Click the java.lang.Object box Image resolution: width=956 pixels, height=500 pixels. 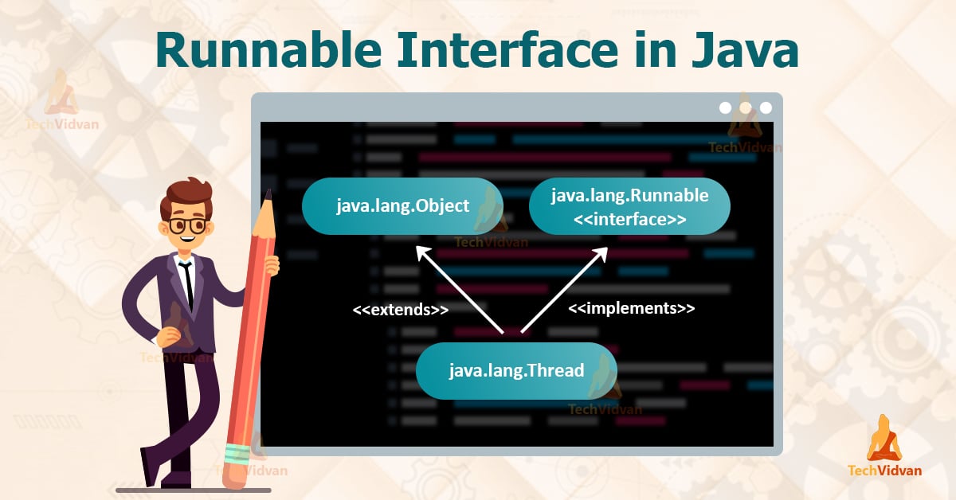tap(402, 206)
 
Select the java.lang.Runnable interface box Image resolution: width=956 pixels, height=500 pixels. tap(629, 206)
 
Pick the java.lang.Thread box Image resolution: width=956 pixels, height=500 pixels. tap(516, 370)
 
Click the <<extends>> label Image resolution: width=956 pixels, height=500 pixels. tap(401, 309)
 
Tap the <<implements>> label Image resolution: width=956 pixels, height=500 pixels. tap(631, 307)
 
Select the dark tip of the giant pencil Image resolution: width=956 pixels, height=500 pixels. tap(268, 196)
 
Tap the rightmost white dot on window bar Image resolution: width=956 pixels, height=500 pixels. tap(766, 107)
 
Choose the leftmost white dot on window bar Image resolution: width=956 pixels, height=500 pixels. tap(725, 107)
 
